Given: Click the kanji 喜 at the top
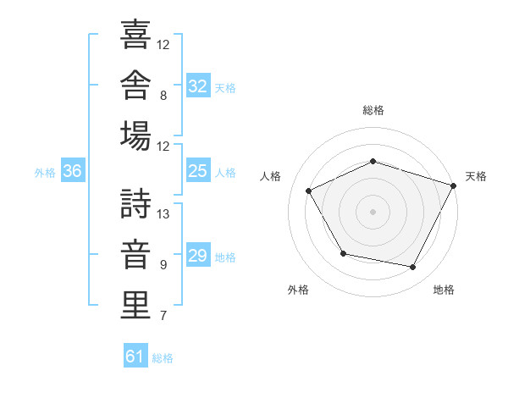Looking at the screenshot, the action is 135,34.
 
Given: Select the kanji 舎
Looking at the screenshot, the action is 135,85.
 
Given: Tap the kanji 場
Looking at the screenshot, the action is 135,135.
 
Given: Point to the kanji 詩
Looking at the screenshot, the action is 135,203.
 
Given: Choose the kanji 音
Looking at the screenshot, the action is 135,254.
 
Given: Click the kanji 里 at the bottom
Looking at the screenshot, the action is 135,305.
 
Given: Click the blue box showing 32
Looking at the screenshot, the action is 198,85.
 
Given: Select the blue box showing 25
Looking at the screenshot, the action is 198,170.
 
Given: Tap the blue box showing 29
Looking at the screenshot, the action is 198,254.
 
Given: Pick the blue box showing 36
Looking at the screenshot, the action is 73,170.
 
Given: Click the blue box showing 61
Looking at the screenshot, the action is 135,355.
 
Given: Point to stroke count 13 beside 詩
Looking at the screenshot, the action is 163,214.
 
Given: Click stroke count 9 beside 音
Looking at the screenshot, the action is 163,265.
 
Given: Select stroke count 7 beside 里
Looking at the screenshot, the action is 163,315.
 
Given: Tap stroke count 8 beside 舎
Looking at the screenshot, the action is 163,96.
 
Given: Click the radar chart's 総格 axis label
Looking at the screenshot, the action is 373,110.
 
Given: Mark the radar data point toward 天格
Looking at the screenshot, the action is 454,185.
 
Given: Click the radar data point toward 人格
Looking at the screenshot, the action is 309,191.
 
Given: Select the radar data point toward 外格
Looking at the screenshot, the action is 344,253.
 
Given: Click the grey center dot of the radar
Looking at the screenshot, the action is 373,212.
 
